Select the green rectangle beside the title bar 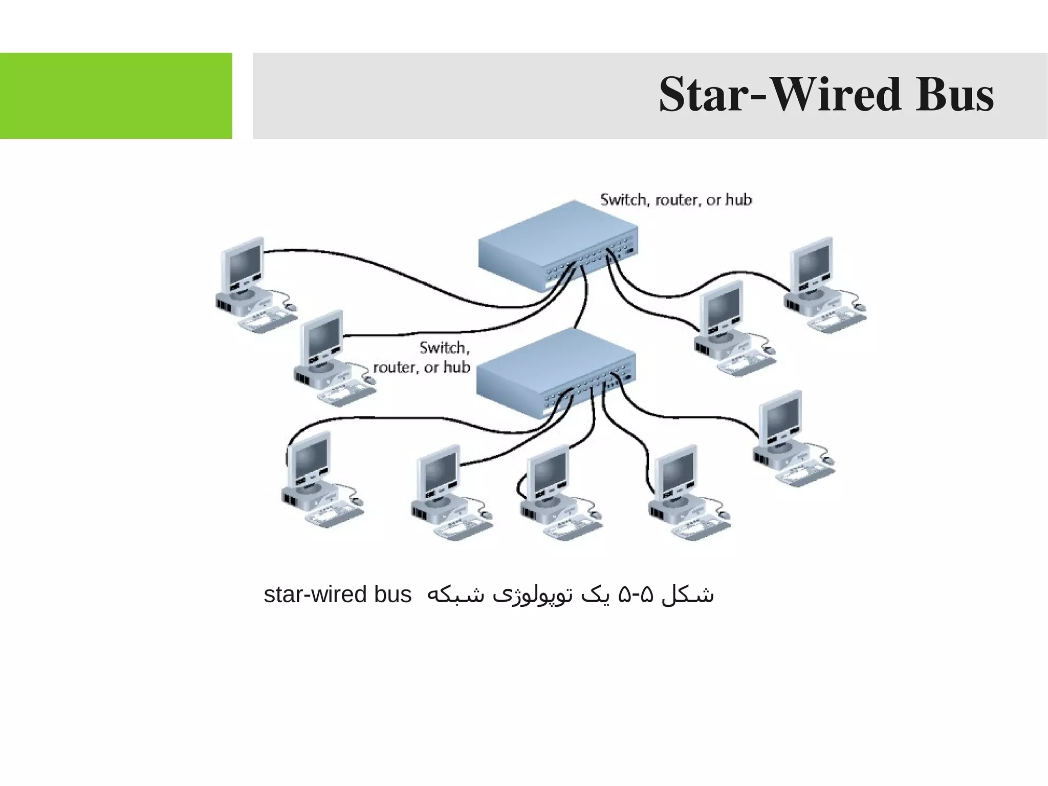(x=116, y=95)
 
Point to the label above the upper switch (x=676, y=200)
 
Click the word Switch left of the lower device (x=444, y=348)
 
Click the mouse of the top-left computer (x=291, y=306)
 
